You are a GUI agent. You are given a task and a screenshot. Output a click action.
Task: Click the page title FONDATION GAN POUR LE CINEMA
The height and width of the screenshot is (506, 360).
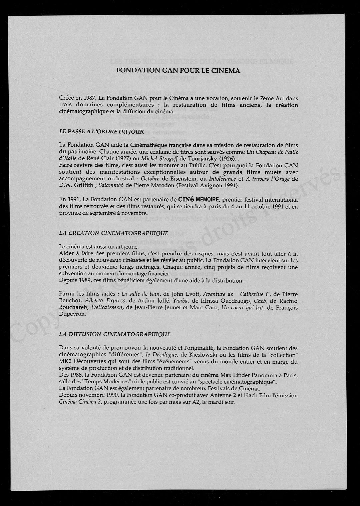178,71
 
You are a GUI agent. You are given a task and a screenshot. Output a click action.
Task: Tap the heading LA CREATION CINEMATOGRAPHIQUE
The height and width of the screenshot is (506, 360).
113,233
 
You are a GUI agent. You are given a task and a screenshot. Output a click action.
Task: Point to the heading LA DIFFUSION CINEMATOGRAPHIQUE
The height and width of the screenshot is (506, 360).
115,334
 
